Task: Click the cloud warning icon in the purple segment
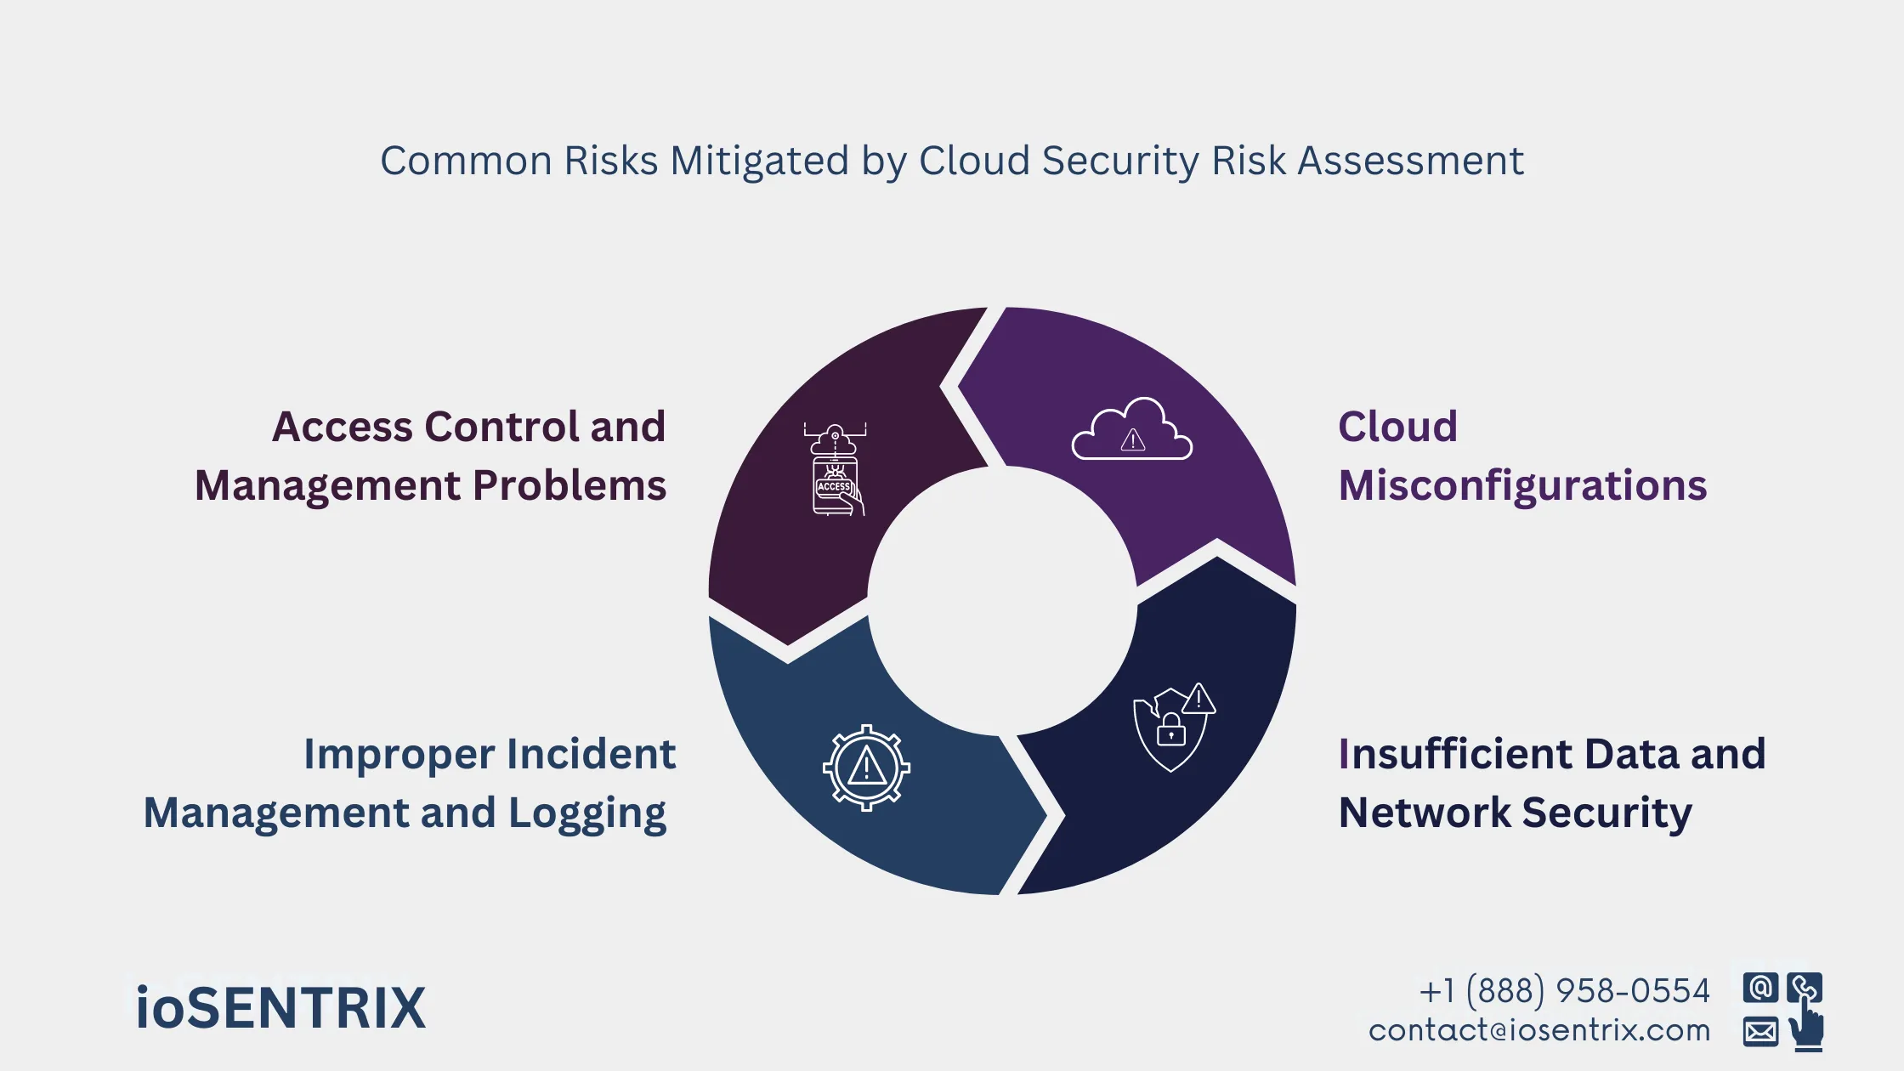tap(1131, 430)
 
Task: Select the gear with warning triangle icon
tap(866, 768)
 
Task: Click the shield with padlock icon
tap(1173, 727)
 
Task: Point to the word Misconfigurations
tap(1522, 485)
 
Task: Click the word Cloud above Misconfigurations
tap(1397, 427)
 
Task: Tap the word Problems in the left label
tap(569, 485)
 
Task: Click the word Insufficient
tap(1454, 754)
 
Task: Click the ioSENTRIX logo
tap(280, 1008)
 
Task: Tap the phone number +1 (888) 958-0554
tap(1564, 991)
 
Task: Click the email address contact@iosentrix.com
tap(1538, 1030)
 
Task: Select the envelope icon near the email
tap(1760, 1032)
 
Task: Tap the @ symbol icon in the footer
tap(1760, 988)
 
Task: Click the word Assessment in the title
tap(1410, 161)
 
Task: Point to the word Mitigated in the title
tap(759, 161)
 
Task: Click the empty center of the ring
tap(1002, 600)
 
